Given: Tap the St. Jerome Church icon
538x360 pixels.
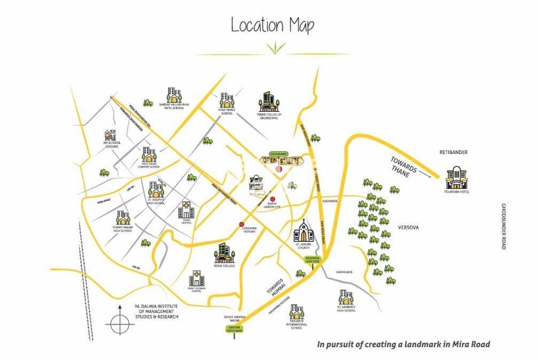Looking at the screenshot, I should [x=304, y=232].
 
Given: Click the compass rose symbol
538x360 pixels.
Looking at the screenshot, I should [x=120, y=323].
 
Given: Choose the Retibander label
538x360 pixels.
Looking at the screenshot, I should [x=453, y=152].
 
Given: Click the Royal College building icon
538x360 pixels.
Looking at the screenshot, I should [x=224, y=252].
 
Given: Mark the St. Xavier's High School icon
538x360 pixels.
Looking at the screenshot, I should [x=346, y=297].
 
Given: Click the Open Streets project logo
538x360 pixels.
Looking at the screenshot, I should [x=282, y=161].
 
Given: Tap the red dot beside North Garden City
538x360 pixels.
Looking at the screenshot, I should [x=272, y=199].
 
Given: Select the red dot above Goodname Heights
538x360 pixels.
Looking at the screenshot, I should [x=242, y=225].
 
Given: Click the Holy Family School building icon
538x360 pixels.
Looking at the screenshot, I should [x=227, y=101].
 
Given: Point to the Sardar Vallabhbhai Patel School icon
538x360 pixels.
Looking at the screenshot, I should [x=173, y=95].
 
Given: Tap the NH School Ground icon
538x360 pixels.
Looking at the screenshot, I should [x=110, y=135].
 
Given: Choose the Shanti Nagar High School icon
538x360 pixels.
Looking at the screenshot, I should [x=123, y=218].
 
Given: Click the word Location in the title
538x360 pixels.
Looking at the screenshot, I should [x=257, y=26].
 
